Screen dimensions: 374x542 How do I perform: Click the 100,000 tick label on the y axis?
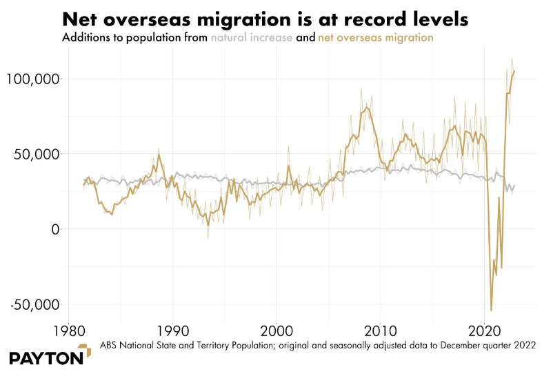click(32, 79)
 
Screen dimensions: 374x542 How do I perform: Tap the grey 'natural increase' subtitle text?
click(251, 38)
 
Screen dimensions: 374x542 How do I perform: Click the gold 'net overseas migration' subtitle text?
click(375, 38)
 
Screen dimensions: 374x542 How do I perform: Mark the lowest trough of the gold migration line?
click(492, 311)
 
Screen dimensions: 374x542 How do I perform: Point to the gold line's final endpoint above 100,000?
click(514, 71)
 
